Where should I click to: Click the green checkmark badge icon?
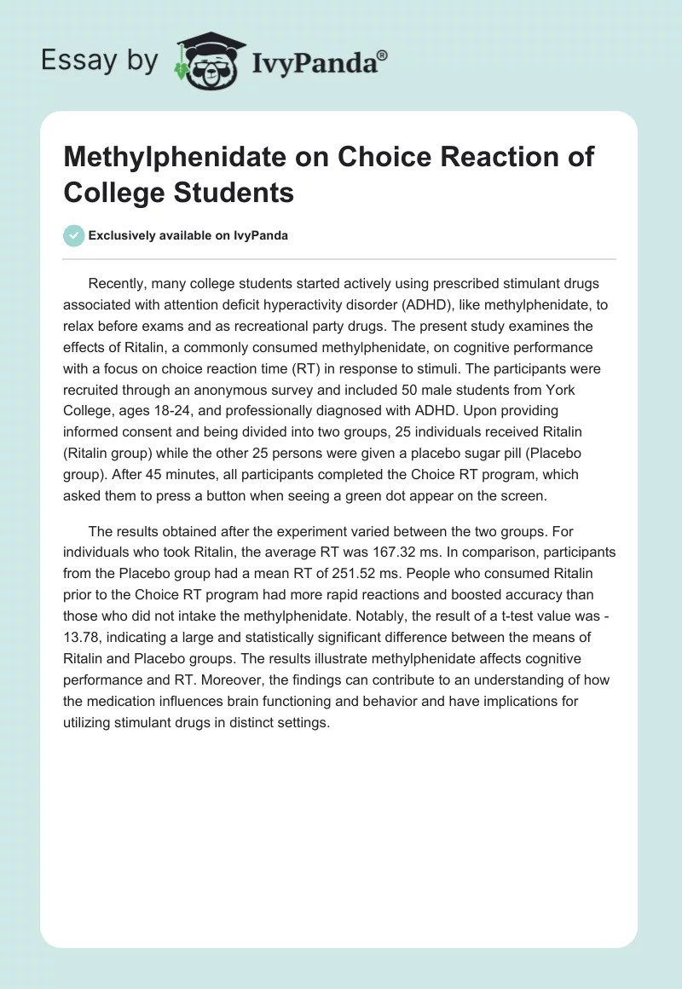74,235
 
